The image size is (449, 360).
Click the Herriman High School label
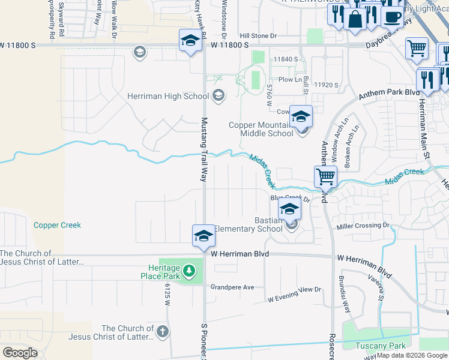click(x=167, y=96)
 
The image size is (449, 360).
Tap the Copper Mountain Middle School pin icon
click(x=300, y=116)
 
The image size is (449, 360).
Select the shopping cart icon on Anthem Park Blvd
click(x=325, y=177)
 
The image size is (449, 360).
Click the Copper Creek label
click(x=57, y=225)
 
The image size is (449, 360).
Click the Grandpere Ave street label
click(x=232, y=287)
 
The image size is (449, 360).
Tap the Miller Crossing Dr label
click(x=363, y=226)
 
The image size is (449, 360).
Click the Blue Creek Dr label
click(x=289, y=197)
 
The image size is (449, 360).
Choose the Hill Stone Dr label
click(x=258, y=36)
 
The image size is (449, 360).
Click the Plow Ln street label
click(x=289, y=79)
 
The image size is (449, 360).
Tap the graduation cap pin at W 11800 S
click(x=190, y=41)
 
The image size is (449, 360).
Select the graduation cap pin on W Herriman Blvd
click(x=203, y=236)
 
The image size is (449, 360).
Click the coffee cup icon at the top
click(x=393, y=17)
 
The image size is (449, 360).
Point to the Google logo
click(x=20, y=353)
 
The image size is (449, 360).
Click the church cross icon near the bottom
click(x=162, y=332)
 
